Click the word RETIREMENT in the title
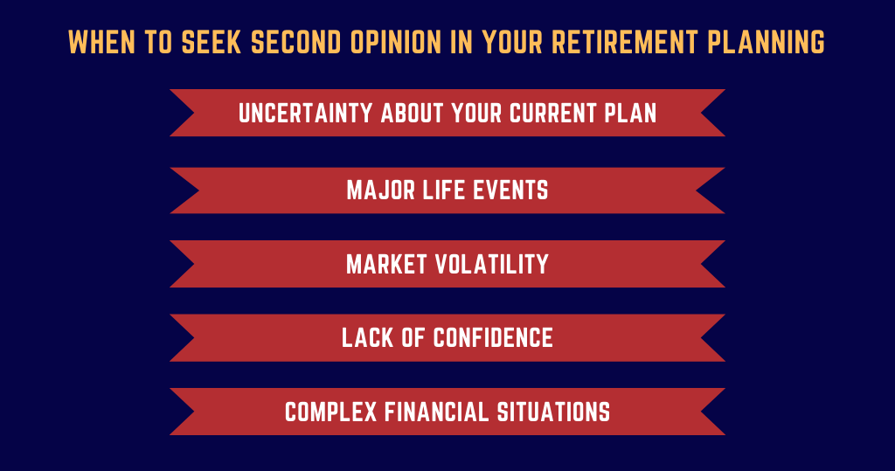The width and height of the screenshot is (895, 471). click(624, 42)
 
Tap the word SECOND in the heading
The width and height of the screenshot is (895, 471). click(295, 42)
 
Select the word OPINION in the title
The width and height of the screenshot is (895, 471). click(396, 42)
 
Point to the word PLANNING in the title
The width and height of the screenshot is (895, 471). click(766, 42)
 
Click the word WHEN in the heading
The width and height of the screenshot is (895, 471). click(101, 42)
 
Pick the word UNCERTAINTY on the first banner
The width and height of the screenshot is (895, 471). click(305, 113)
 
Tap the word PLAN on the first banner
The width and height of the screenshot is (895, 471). click(631, 113)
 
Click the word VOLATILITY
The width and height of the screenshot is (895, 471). click(492, 264)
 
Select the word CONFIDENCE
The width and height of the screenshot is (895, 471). click(493, 338)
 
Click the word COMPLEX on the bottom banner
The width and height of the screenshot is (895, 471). click(331, 412)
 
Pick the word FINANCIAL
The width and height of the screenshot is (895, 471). click(437, 412)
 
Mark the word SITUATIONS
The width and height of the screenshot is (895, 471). click(553, 412)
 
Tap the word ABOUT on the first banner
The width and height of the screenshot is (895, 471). click(413, 113)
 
